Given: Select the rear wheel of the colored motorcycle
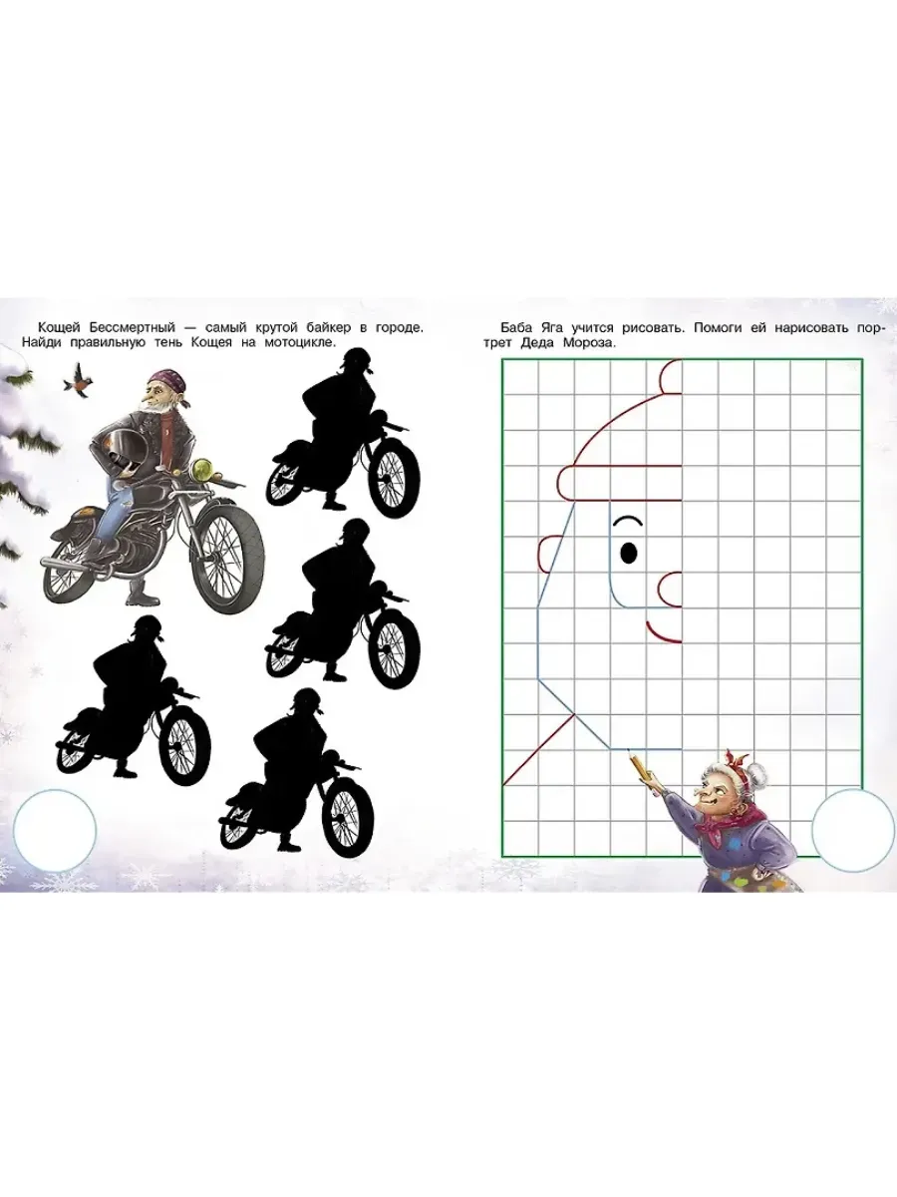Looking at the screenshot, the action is (69, 568).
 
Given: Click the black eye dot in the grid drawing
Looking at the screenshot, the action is (629, 553).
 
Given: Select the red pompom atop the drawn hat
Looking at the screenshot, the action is (671, 376).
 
